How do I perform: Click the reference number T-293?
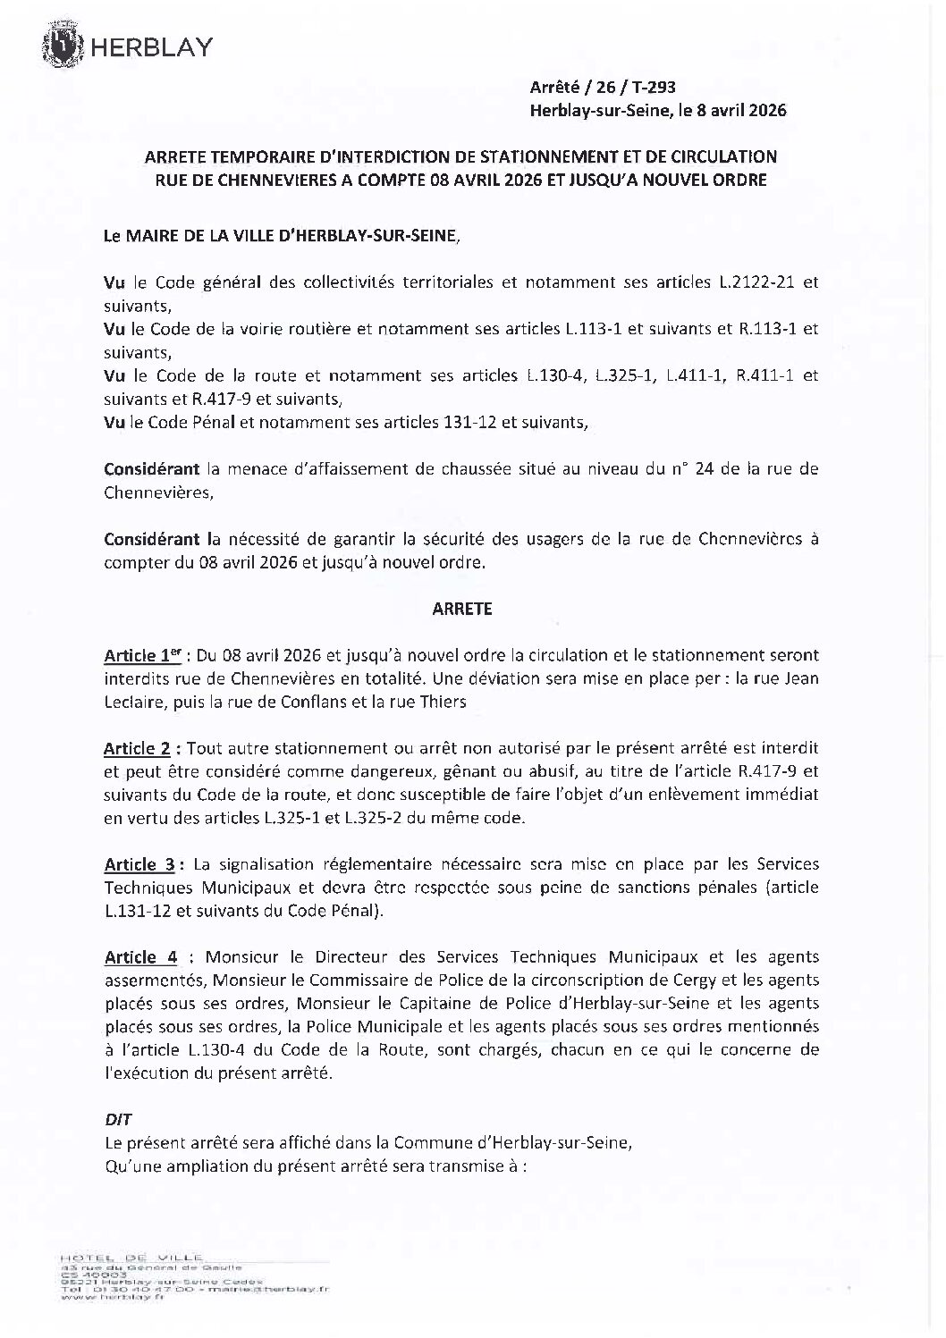pyautogui.click(x=655, y=88)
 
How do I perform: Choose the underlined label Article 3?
pyautogui.click(x=139, y=864)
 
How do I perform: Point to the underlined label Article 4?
pyautogui.click(x=141, y=957)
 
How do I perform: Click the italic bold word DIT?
pyautogui.click(x=118, y=1119)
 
